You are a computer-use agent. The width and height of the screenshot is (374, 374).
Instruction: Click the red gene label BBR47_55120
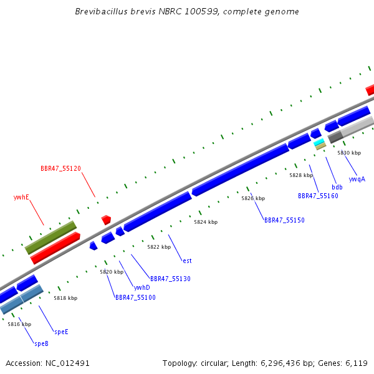(60, 168)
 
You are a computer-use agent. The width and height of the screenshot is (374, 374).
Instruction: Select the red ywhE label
(21, 197)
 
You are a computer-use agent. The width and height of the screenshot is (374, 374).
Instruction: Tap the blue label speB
(42, 343)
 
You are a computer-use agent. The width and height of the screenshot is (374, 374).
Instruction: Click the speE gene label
(61, 332)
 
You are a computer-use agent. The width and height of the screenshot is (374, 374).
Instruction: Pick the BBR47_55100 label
(135, 297)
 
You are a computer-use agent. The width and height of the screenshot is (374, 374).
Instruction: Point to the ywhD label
(142, 287)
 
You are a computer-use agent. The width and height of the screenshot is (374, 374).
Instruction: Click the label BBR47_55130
(170, 279)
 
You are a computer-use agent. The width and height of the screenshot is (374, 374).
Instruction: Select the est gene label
(187, 261)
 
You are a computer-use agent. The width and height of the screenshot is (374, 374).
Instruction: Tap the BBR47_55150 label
(285, 220)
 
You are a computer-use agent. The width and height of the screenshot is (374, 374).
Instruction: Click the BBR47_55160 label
(318, 196)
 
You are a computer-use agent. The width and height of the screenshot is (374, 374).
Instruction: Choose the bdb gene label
(337, 187)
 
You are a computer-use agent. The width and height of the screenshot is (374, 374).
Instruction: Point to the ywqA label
(357, 179)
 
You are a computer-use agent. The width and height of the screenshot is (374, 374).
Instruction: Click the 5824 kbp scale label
(206, 222)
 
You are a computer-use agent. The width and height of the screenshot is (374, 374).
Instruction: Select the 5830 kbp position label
(349, 153)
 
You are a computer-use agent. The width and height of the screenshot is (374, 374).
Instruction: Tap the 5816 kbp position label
(19, 324)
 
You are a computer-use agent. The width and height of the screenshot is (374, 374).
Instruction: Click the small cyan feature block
(319, 142)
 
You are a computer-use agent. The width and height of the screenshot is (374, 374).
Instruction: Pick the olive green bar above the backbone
(50, 237)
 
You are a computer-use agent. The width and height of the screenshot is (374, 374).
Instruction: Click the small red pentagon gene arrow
(106, 219)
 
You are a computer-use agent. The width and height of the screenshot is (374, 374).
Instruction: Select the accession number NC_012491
(67, 363)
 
